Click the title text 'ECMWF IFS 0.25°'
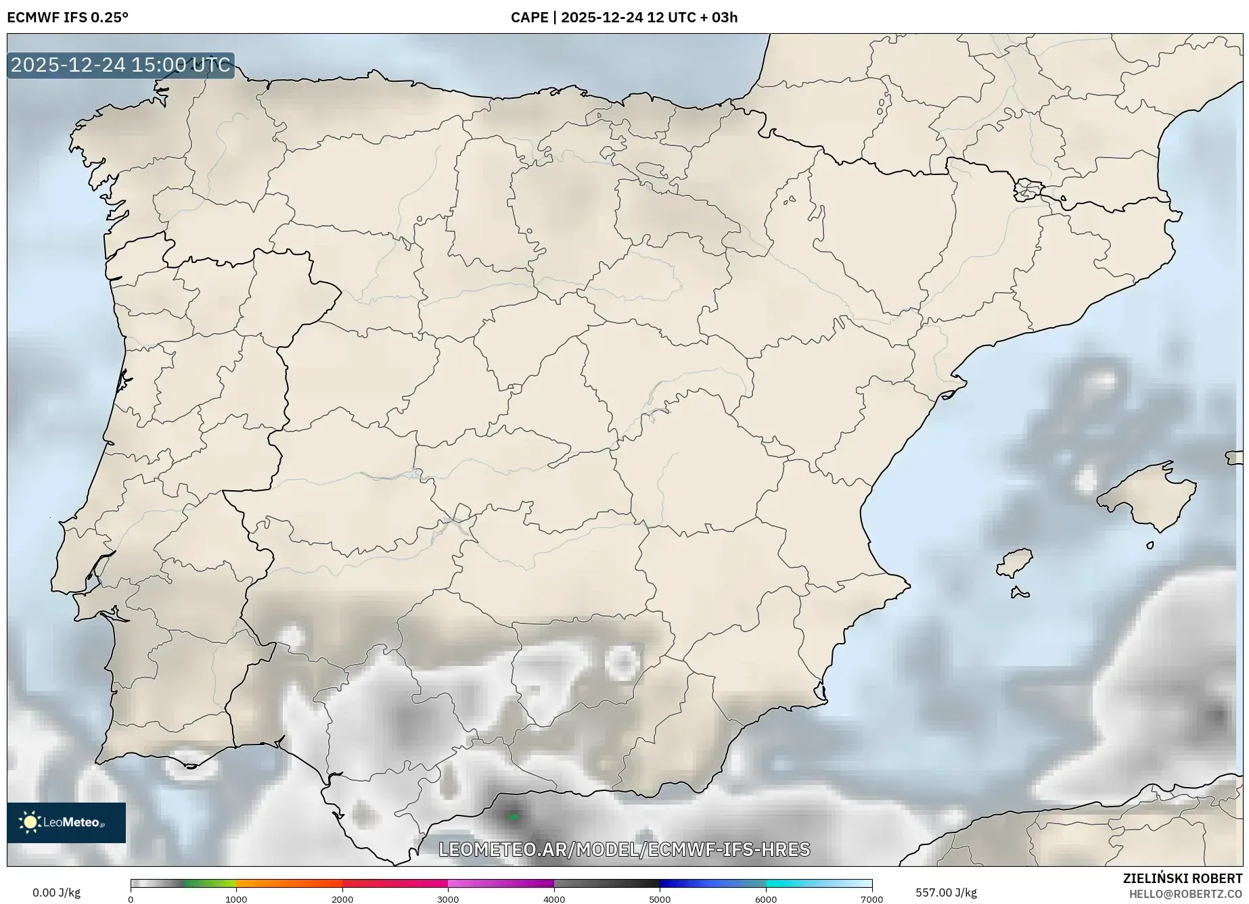pyautogui.click(x=68, y=18)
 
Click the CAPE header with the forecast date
pyautogui.click(x=624, y=18)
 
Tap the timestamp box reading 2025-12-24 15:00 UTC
pyautogui.click(x=120, y=65)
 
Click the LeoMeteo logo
pyautogui.click(x=66, y=822)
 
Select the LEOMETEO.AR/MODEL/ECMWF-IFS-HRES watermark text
pyautogui.click(x=624, y=849)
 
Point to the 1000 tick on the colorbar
pyautogui.click(x=236, y=899)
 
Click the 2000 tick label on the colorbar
pyautogui.click(x=342, y=899)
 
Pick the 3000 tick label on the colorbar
pyautogui.click(x=448, y=899)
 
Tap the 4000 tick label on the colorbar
pyautogui.click(x=554, y=899)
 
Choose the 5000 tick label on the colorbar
pyautogui.click(x=660, y=899)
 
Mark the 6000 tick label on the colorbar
pyautogui.click(x=766, y=899)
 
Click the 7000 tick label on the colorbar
pyautogui.click(x=871, y=899)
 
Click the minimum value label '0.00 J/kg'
pyautogui.click(x=56, y=893)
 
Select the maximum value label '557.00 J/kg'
pyautogui.click(x=946, y=893)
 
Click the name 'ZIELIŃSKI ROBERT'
pyautogui.click(x=1182, y=879)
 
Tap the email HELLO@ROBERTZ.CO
pyautogui.click(x=1185, y=894)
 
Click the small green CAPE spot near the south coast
pyautogui.click(x=514, y=817)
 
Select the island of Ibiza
pyautogui.click(x=1015, y=562)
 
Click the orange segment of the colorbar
pyautogui.click(x=289, y=883)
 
